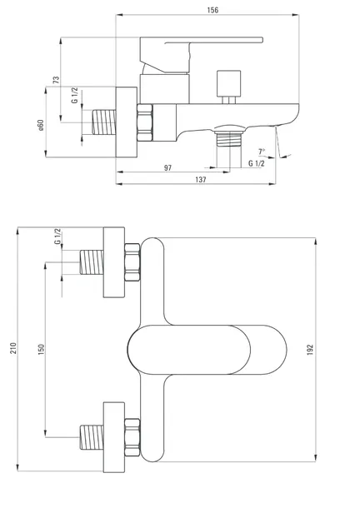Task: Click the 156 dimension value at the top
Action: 212,10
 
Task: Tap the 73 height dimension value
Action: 56,80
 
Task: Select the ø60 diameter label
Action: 41,125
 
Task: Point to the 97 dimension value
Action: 167,168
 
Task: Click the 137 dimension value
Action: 201,180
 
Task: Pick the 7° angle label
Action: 262,152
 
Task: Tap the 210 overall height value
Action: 13,348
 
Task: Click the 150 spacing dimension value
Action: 41,349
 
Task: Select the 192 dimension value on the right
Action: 310,350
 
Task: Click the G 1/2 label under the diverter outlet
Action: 257,163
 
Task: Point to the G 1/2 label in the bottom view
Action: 57,237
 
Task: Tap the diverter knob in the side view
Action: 228,83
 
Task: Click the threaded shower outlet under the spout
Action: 229,138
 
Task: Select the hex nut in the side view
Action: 145,122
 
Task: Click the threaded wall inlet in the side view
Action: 104,122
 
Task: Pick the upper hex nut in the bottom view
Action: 132,262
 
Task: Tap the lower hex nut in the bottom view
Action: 132,437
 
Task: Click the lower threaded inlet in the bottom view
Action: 92,437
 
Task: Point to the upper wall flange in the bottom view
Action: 114,262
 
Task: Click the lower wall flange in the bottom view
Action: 114,437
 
